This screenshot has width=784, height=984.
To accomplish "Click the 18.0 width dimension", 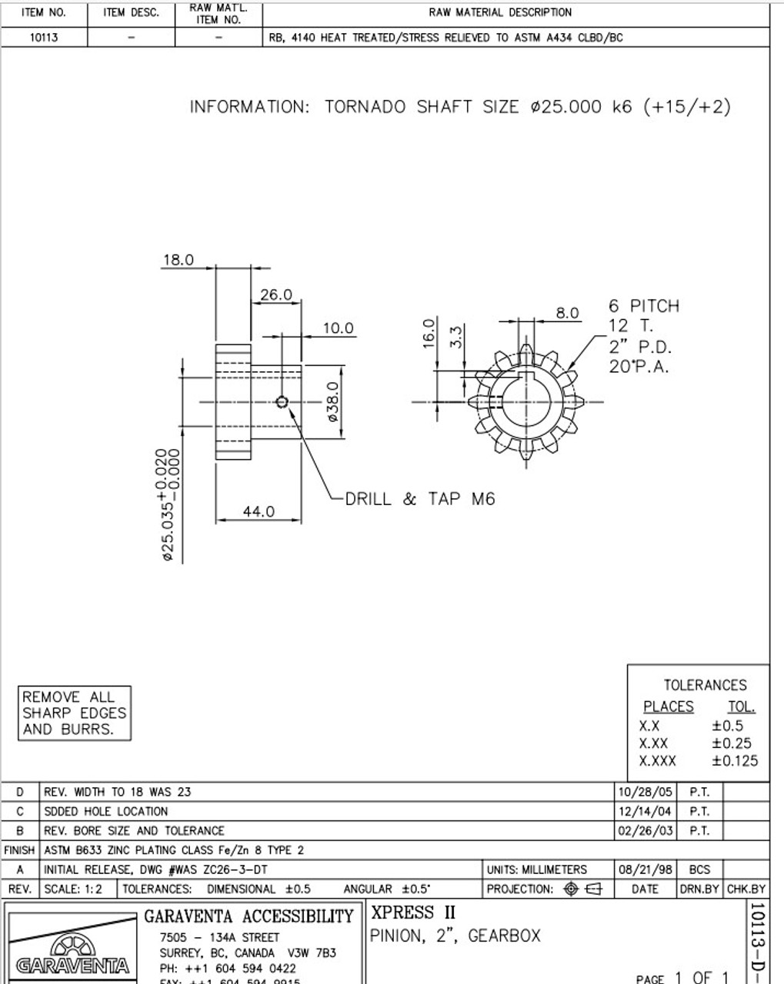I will point(178,260).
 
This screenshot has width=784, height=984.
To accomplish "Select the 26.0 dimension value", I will point(276,294).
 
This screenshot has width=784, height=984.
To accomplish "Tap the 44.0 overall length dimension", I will point(259,511).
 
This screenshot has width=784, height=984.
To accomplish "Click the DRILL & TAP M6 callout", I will point(419,499).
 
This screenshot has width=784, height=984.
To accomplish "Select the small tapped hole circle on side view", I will point(282,401).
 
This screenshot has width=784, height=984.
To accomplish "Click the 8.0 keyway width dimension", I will point(567,312).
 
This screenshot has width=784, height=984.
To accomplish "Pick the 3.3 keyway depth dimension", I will point(455,336).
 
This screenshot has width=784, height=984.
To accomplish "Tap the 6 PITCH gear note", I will point(644,306).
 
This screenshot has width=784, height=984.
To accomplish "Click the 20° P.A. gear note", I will point(639,367).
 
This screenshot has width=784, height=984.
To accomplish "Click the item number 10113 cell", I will point(44,37).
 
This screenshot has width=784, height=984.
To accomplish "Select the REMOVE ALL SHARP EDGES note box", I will point(74,713).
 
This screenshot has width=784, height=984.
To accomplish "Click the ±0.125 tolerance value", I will point(734,761).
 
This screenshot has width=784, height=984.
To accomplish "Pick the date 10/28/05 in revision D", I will point(645,792).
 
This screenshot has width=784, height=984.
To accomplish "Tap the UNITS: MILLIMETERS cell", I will point(536,869).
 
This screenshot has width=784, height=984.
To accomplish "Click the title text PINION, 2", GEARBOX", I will point(455,936).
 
